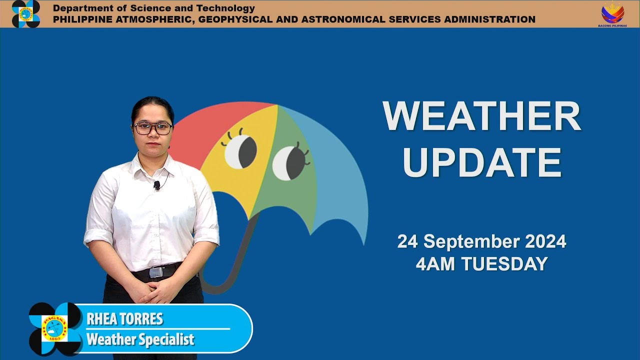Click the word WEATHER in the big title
[x=481, y=116]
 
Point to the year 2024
[x=545, y=242]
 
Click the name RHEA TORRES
[x=124, y=319]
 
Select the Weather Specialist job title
[x=140, y=339]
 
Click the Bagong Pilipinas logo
[x=612, y=14]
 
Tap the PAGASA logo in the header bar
[x=25, y=13]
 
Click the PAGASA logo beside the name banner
[x=55, y=328]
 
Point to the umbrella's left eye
[x=240, y=151]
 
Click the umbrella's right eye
[x=289, y=163]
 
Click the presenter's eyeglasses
[x=152, y=128]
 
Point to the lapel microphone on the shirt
[x=156, y=185]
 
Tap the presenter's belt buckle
[x=156, y=272]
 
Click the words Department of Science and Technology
[x=154, y=8]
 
